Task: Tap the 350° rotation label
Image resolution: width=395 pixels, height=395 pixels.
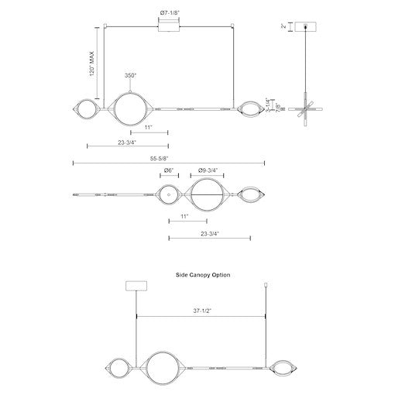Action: (x=130, y=75)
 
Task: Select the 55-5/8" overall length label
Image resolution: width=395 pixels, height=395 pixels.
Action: (x=168, y=158)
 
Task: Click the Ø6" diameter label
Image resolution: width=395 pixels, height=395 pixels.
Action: (x=167, y=171)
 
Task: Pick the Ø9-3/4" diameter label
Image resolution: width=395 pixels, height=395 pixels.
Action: (x=208, y=171)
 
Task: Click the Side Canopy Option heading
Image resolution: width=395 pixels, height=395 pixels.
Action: (x=204, y=274)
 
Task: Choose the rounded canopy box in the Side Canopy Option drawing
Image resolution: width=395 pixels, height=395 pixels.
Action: (x=136, y=286)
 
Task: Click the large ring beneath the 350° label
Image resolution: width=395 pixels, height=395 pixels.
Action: (x=126, y=109)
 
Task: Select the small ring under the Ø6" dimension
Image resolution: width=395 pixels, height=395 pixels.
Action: (x=168, y=195)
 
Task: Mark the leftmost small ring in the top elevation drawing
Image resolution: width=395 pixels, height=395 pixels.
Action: (x=85, y=109)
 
